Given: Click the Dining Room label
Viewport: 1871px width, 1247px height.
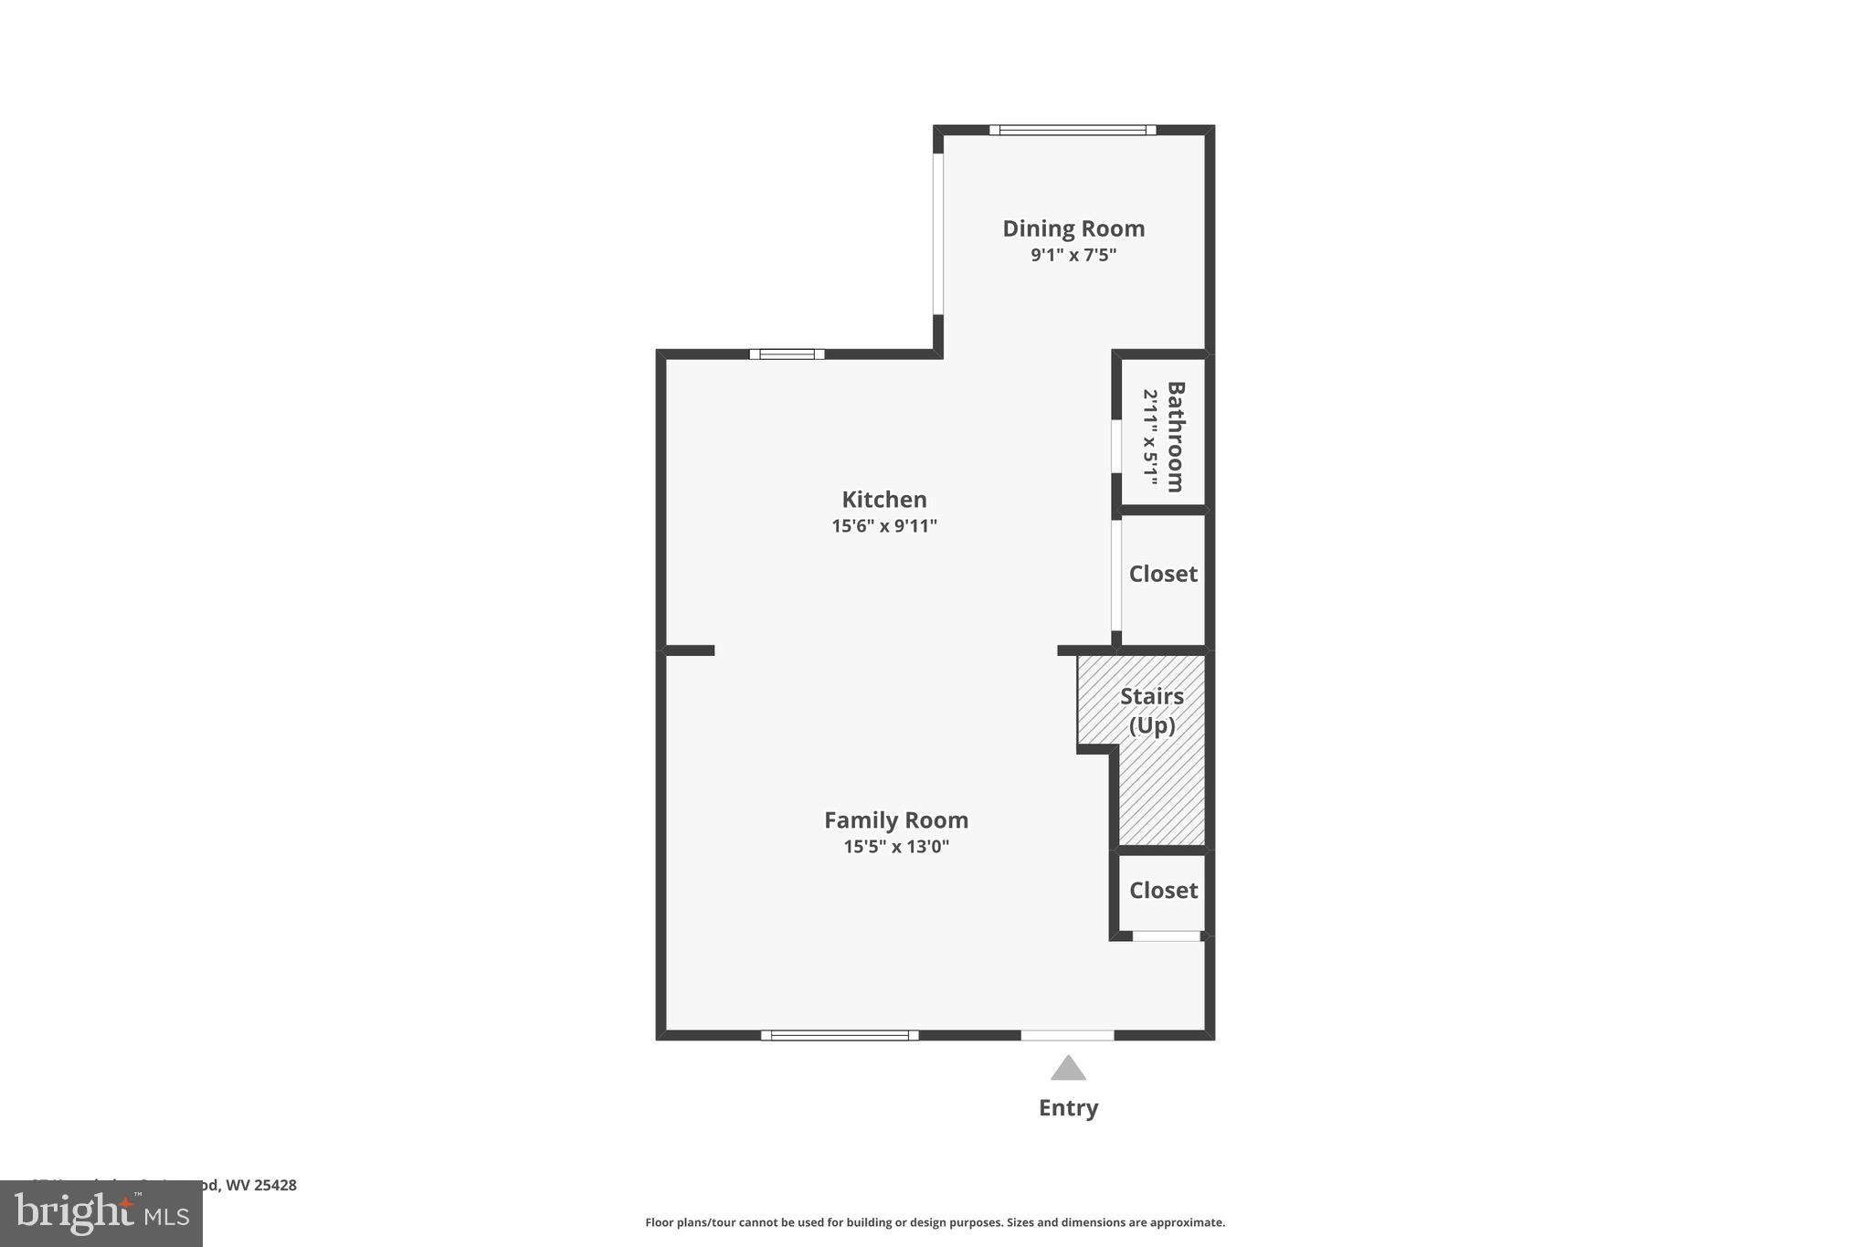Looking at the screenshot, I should pos(1073,228).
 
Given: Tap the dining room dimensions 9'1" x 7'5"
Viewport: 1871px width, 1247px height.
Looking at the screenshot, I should pos(1073,255).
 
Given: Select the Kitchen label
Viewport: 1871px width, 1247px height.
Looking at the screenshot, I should pos(884,500).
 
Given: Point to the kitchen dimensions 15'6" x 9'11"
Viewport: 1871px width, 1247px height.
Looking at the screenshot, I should pos(884,526).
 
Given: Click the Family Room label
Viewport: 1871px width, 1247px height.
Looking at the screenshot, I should pos(896,820).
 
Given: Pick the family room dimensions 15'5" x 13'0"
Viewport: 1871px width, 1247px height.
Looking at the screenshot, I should pos(896,847).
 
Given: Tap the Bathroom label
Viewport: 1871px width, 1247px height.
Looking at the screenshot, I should pos(1176,437).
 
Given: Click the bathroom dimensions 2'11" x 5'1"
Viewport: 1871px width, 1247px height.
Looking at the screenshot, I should pos(1150,438).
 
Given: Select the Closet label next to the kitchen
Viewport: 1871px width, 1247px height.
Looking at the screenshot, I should pos(1163,574).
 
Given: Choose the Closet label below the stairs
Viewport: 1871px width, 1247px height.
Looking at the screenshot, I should pos(1163,890).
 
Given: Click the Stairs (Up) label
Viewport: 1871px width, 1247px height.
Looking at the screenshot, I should pos(1152,711).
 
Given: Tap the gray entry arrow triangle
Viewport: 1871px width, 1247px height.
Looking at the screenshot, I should pos(1068,1069).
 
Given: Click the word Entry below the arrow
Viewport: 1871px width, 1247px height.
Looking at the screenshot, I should pos(1068,1108).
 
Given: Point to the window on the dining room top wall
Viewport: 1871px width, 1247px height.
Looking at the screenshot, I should pos(1073,130).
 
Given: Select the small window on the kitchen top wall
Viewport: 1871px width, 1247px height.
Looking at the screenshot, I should pos(787,354).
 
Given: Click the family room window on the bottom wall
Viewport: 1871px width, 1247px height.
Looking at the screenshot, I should pos(840,1035).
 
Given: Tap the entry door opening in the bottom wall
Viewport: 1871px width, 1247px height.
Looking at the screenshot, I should pos(1067,1035).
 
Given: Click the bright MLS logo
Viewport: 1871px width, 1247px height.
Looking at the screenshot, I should pos(101,1213).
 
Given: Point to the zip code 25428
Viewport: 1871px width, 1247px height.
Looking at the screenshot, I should pos(275,1185).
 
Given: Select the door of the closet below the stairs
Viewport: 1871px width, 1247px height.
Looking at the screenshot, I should pos(1167,935).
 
